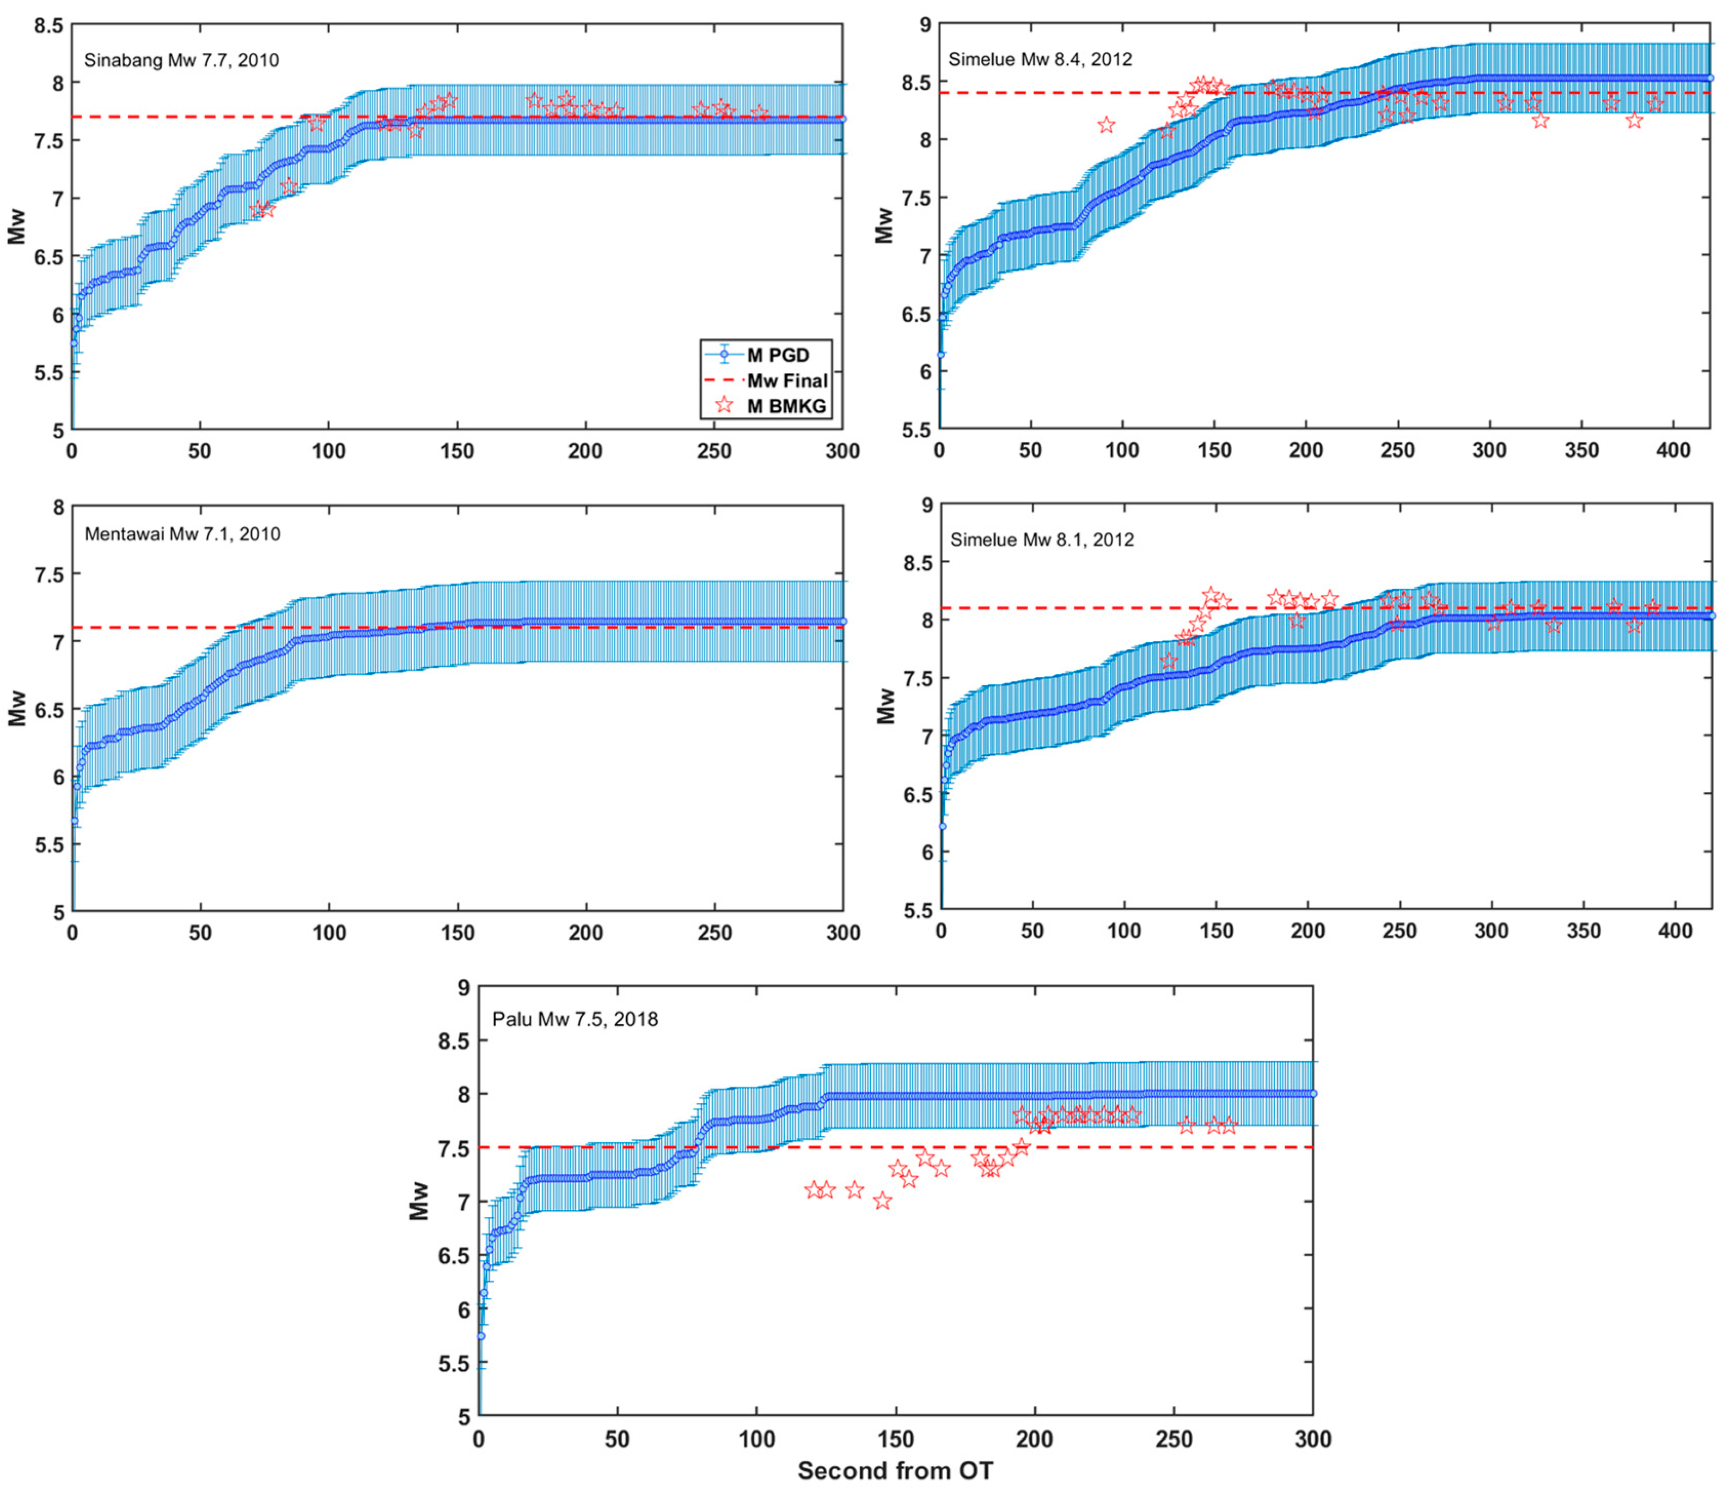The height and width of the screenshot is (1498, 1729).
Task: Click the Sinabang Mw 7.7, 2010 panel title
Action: coord(181,60)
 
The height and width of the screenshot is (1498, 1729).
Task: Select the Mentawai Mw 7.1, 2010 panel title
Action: coord(182,534)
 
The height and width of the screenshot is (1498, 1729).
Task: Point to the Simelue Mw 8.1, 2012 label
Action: coord(1042,540)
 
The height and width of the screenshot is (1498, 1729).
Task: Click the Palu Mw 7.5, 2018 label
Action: coord(575,1019)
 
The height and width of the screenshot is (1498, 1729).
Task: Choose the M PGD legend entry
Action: coord(777,355)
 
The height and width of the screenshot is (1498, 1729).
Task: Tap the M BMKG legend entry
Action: coord(785,406)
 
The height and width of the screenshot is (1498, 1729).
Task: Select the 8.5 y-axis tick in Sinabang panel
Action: coord(48,26)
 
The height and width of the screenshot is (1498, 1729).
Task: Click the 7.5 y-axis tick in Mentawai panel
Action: coord(48,574)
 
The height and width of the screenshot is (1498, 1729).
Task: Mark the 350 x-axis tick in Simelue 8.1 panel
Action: coord(1583,931)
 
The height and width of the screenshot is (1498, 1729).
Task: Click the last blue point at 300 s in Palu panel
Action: coord(1313,1093)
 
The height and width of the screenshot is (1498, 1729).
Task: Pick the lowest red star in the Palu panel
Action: coord(882,1201)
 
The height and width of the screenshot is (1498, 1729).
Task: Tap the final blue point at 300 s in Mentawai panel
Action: coord(842,621)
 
